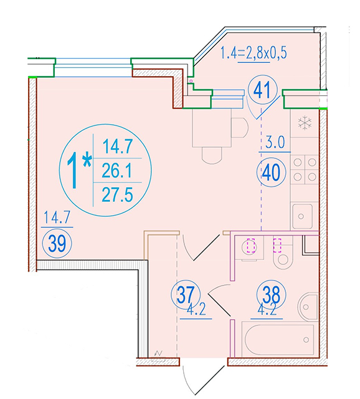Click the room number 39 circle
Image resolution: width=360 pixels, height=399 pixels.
coord(57,244)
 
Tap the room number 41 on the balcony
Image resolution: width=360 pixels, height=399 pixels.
coord(262,90)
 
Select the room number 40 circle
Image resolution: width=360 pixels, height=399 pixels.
coord(271,172)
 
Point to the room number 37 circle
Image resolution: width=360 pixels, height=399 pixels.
coord(186,295)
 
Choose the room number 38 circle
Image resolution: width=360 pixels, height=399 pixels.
coord(272,295)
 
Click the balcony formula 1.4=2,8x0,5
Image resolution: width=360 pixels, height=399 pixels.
coord(253,53)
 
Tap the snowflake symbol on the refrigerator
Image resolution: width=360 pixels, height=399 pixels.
coord(305,123)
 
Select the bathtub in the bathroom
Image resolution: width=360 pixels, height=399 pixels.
coord(279,339)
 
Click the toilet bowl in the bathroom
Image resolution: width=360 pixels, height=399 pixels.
coord(283,257)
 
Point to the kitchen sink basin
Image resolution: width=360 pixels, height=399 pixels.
coord(302,216)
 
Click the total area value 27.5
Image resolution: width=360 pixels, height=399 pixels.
coord(118,195)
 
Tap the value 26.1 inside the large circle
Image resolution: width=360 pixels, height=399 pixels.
coord(117,170)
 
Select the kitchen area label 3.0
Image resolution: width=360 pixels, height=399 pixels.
coord(275,142)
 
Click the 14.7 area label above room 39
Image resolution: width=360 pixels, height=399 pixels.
coord(57,218)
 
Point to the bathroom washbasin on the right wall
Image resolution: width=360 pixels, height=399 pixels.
coord(308,307)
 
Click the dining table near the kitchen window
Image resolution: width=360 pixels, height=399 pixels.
coord(212,128)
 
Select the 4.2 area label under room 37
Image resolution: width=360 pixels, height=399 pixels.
coord(196,310)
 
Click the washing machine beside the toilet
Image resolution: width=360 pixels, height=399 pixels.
coord(249,248)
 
